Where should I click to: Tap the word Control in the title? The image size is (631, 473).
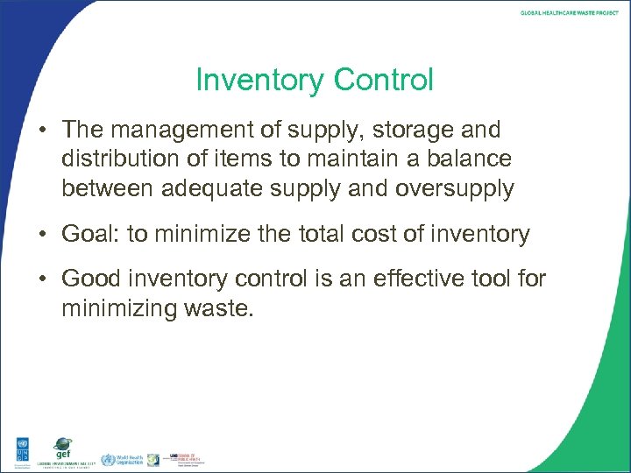click(380, 81)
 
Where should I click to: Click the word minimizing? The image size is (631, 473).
click(119, 308)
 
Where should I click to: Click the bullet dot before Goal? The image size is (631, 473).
click(42, 235)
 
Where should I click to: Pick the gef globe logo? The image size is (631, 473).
click(62, 447)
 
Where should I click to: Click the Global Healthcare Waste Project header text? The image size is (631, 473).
click(569, 13)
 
